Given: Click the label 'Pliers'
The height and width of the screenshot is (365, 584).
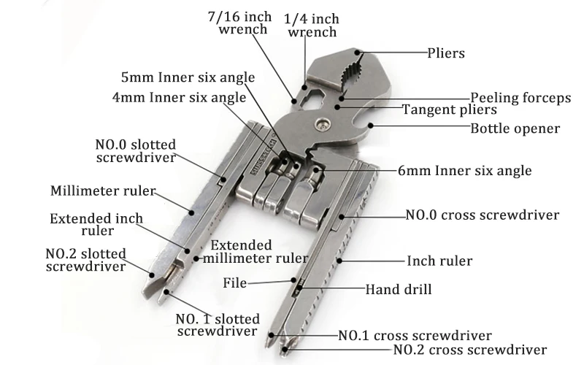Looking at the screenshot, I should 445,53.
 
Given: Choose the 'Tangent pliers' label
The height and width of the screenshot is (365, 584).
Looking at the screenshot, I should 450,110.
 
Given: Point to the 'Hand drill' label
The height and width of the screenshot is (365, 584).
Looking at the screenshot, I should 398,289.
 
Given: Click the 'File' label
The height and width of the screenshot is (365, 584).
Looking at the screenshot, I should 236,283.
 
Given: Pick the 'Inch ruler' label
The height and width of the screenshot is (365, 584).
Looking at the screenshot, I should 439,261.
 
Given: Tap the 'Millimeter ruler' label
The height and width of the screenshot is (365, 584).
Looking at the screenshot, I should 103,191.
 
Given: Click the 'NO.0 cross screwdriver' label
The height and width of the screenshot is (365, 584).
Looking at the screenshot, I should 483,215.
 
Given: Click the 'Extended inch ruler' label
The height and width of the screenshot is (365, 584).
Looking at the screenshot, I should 96,224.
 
